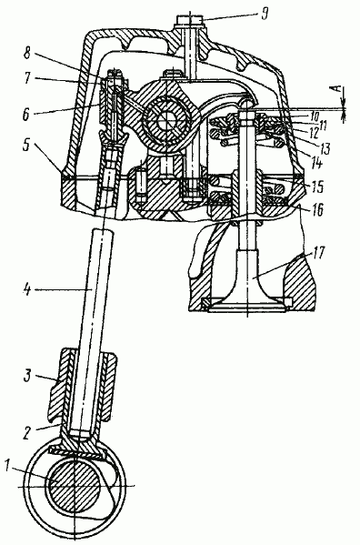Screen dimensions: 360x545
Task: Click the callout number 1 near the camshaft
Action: click(7, 465)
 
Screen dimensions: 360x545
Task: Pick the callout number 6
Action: click(26, 115)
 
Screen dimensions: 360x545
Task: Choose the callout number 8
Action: click(27, 55)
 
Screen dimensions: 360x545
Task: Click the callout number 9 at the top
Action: click(265, 15)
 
